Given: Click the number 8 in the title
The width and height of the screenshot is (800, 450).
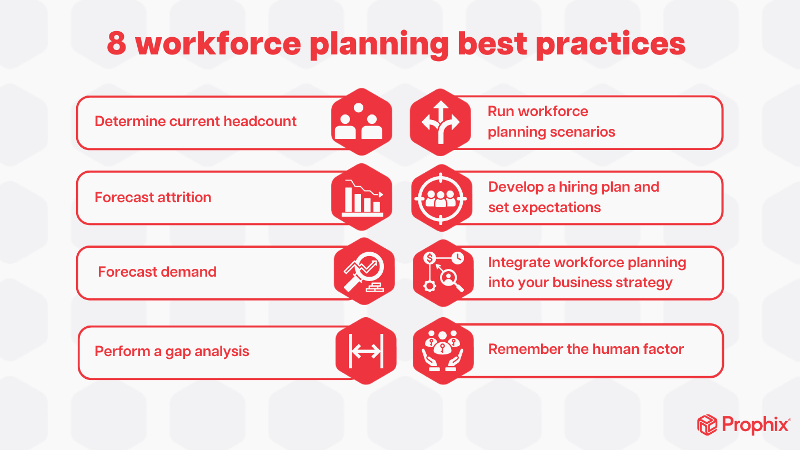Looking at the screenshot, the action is [117, 43].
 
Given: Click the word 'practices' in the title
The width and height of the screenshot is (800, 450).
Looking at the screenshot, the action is [611, 45].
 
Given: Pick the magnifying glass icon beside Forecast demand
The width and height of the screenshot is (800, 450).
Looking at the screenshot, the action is [364, 272].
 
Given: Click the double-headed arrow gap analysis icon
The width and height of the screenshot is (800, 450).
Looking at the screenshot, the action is [366, 351].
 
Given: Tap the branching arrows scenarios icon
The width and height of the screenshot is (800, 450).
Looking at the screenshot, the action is [441, 122].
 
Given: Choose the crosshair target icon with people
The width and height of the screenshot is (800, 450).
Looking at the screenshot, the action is [441, 199].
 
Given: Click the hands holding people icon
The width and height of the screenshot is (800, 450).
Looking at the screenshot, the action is [443, 351].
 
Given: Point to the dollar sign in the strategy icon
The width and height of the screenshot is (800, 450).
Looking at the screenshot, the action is [429, 258].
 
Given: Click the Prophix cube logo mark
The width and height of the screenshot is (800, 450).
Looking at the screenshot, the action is [707, 424].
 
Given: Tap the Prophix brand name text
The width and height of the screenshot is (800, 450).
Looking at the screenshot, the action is [756, 424].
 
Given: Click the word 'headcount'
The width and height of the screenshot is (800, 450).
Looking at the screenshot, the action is [260, 122].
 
